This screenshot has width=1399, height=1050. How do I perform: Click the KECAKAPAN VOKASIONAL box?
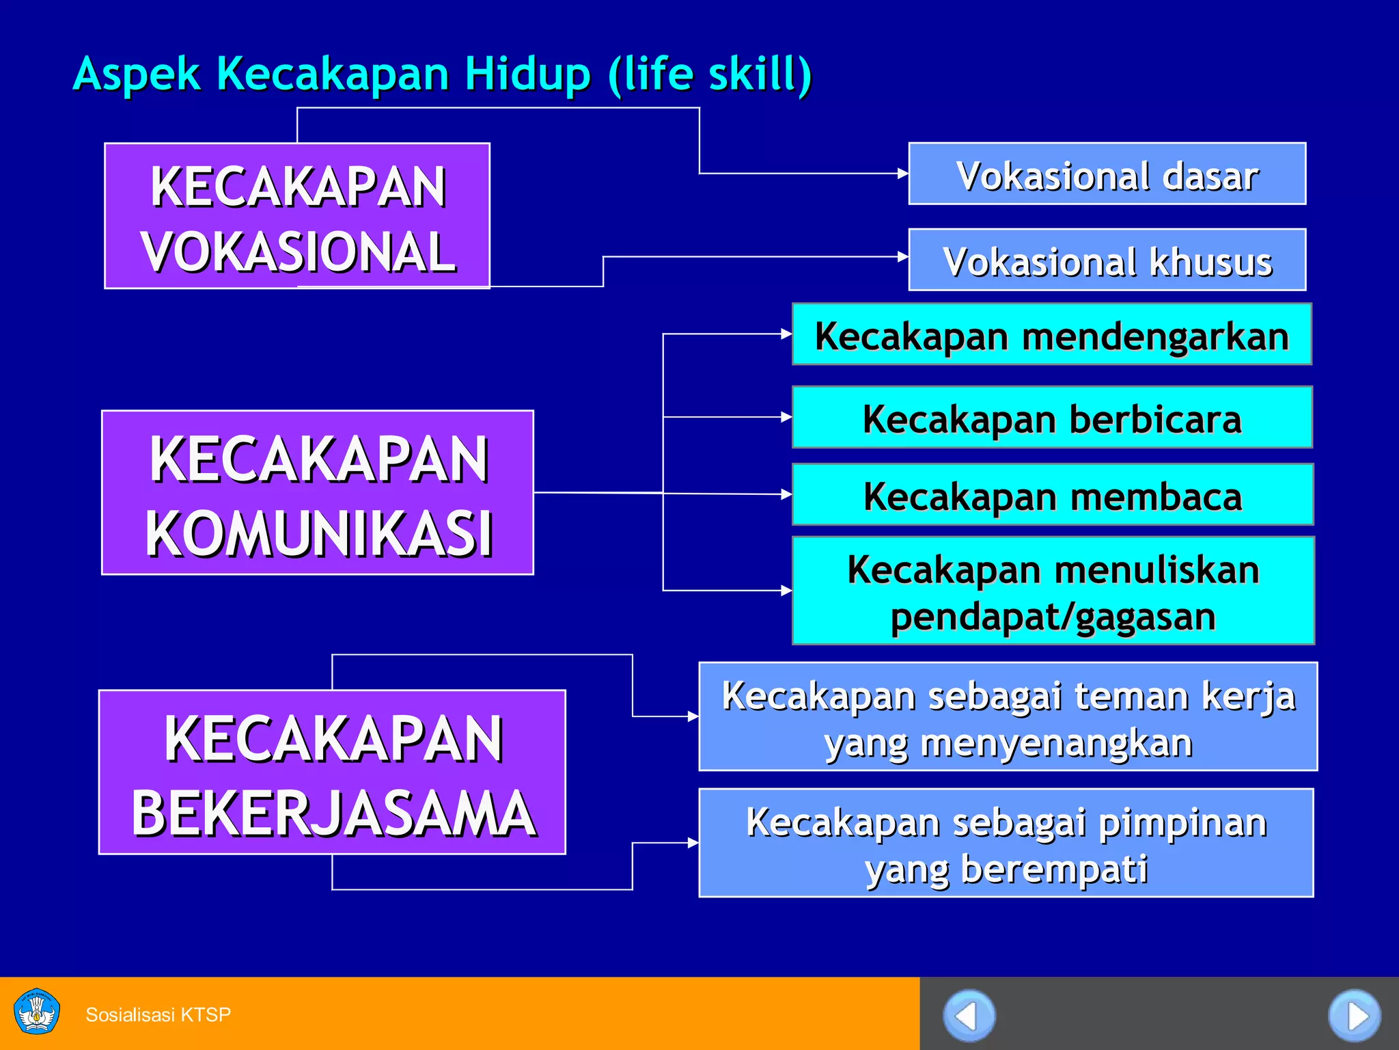tap(297, 216)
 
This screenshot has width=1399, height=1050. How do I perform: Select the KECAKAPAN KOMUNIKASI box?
tap(318, 493)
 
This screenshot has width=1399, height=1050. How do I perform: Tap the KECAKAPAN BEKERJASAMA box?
tap(332, 772)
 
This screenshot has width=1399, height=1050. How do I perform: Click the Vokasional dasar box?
tap(1107, 174)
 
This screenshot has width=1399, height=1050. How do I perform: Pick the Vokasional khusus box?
tap(1107, 260)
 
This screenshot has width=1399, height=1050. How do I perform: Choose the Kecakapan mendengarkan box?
tap(1051, 334)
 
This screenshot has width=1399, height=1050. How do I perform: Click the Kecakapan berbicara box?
tap(1051, 418)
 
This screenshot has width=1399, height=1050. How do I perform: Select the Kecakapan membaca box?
tap(1052, 494)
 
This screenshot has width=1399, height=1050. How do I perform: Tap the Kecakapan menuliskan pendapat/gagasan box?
tap(1053, 591)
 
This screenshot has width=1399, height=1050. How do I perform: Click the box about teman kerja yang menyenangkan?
tap(1008, 716)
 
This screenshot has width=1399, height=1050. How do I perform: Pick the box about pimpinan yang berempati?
tap(1006, 843)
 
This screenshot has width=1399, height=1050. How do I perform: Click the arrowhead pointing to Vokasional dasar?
tap(902, 174)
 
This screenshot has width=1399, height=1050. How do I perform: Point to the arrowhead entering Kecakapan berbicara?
tap(786, 417)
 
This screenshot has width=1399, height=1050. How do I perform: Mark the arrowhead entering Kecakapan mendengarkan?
tap(786, 334)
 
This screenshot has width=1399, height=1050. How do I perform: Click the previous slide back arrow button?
tap(969, 1016)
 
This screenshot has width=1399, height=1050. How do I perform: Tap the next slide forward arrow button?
tap(1354, 1016)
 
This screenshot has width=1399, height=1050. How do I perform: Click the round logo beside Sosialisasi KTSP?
tap(37, 1012)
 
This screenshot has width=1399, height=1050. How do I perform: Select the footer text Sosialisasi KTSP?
tap(158, 1014)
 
